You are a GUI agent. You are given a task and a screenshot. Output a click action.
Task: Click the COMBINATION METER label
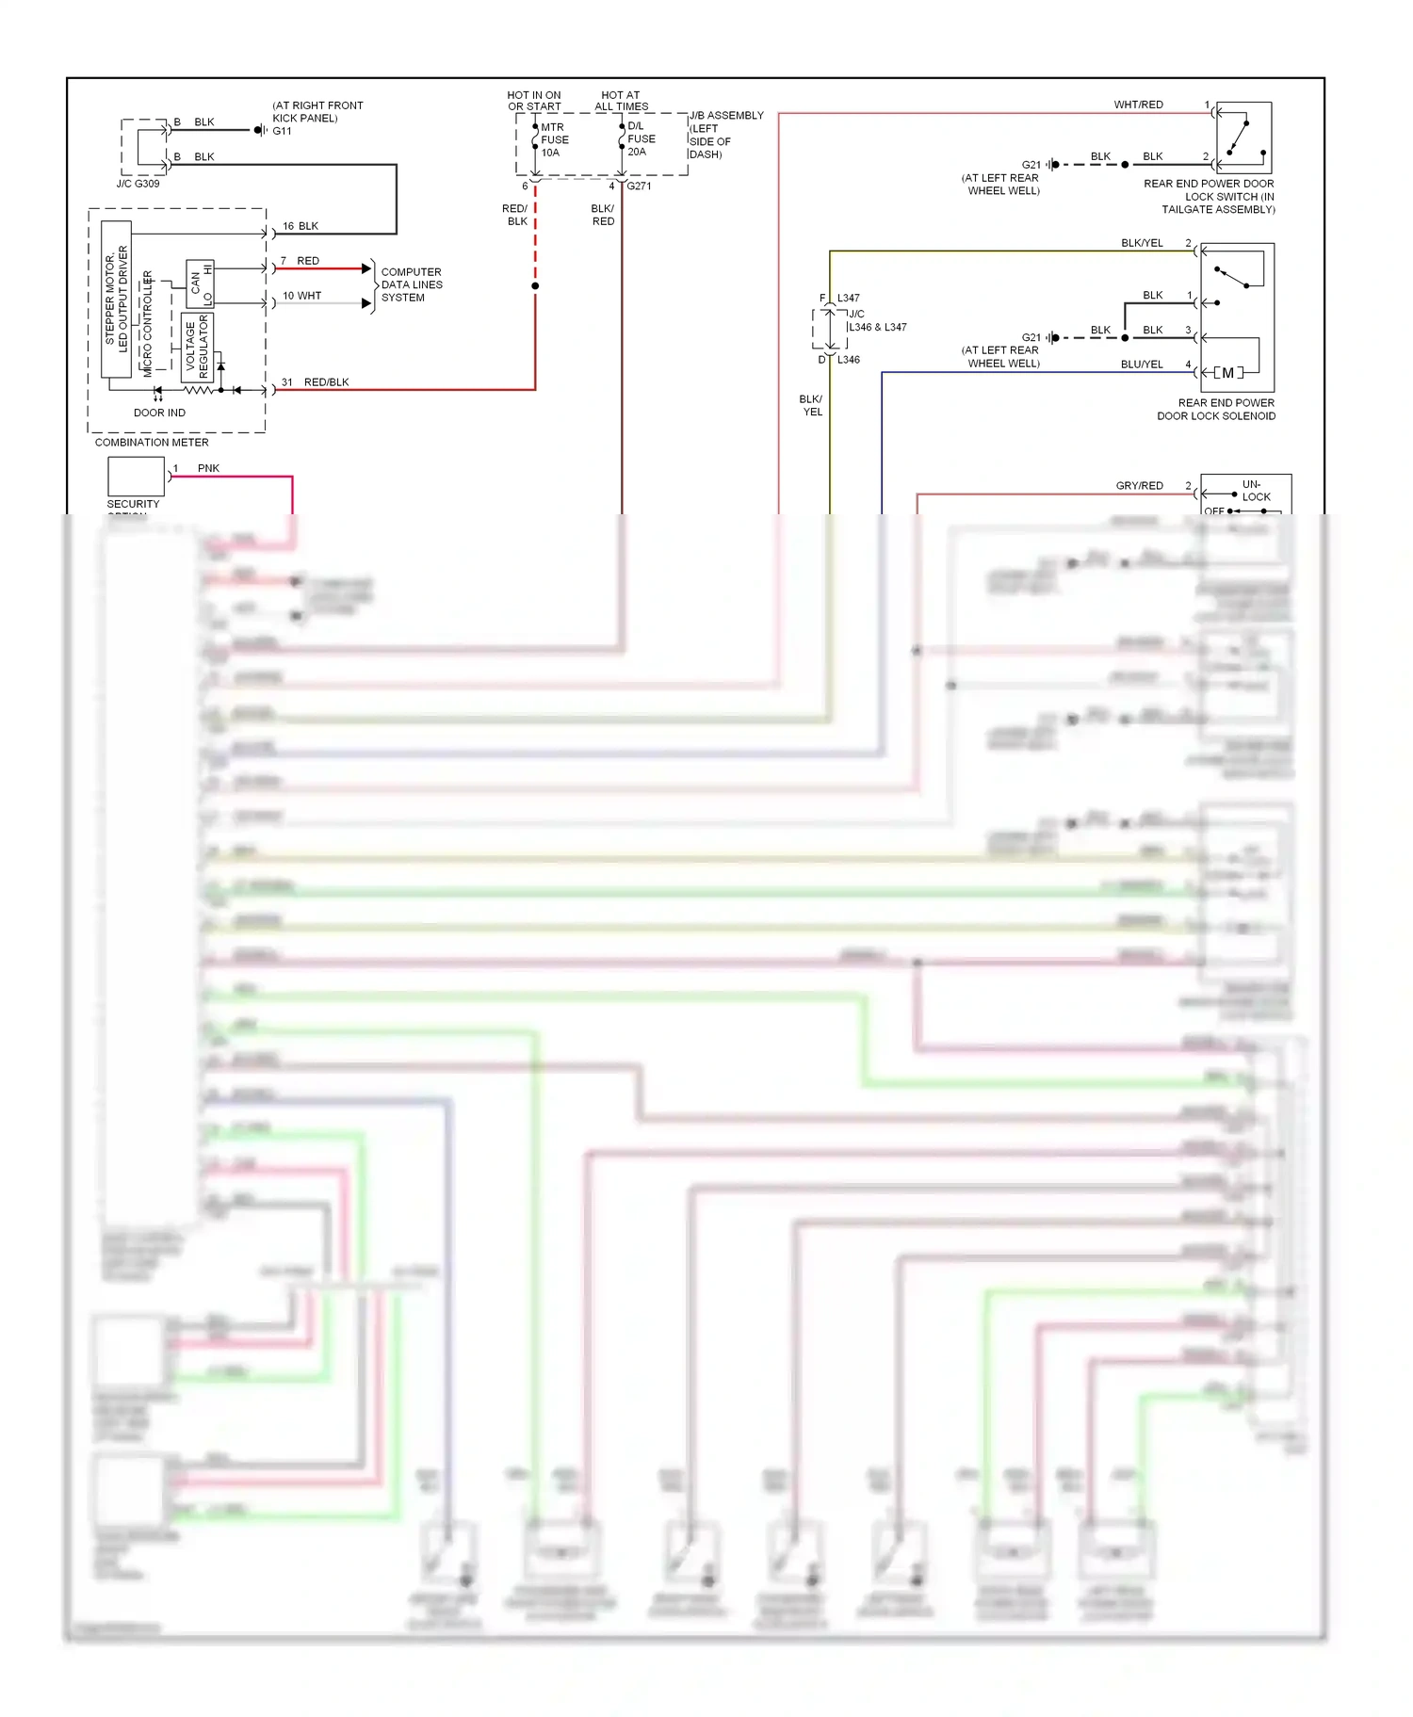(x=152, y=442)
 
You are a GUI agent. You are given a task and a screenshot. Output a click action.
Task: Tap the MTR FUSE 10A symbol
(x=535, y=139)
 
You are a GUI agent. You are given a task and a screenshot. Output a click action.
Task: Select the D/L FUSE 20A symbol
(x=622, y=138)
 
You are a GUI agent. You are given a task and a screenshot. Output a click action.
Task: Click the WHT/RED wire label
(x=1138, y=105)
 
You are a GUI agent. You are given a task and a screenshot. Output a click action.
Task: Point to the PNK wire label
(x=208, y=468)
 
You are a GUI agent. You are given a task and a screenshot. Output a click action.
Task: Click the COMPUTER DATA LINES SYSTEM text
(x=411, y=284)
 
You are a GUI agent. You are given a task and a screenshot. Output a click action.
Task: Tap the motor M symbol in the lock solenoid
(x=1227, y=373)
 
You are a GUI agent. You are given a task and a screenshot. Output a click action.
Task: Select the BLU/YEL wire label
(x=1142, y=364)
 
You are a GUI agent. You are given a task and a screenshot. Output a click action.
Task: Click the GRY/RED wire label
(x=1139, y=486)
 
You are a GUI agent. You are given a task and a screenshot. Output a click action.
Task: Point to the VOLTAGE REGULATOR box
(x=197, y=347)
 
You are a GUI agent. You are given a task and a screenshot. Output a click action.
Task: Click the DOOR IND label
(x=159, y=413)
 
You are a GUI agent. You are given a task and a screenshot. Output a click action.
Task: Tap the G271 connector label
(x=639, y=186)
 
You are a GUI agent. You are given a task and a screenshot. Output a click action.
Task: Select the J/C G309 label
(x=138, y=184)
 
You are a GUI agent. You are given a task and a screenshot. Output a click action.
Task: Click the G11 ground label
(x=283, y=131)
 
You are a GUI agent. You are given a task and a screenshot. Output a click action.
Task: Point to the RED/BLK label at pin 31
(x=326, y=382)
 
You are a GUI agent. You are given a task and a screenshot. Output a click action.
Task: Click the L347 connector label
(x=848, y=298)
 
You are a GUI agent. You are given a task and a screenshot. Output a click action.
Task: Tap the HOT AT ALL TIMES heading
(x=621, y=101)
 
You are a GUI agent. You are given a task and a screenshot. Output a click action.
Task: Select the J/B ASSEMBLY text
(x=726, y=116)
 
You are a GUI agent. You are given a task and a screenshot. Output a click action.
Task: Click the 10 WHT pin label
(x=301, y=296)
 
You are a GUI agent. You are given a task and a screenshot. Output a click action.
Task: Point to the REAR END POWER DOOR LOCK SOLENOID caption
(x=1216, y=409)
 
